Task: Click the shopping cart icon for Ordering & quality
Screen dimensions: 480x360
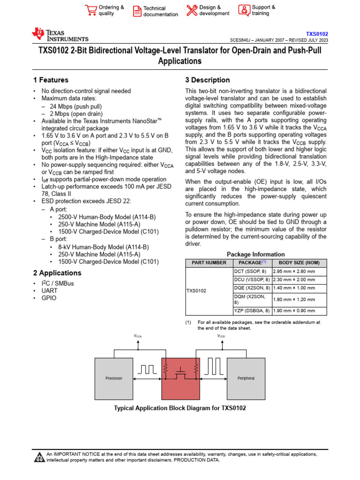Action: pos(90,10)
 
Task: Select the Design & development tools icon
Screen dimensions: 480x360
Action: pos(192,10)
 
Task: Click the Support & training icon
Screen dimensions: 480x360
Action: pos(244,10)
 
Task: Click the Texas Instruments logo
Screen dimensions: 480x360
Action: pos(60,35)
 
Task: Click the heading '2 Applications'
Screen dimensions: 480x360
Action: pos(57,273)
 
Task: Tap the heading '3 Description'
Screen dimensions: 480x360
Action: pos(208,80)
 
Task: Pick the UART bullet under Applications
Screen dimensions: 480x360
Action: pos(49,291)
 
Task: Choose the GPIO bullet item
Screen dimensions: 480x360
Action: pos(49,298)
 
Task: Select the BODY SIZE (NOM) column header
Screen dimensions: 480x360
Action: pos(299,262)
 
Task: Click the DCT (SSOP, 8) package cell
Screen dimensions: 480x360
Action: pos(250,271)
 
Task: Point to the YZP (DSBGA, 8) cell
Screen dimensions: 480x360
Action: pos(252,310)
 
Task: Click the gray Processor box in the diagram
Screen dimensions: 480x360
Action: pos(114,378)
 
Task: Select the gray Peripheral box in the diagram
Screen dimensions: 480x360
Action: pos(246,378)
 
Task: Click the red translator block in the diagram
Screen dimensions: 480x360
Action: pos(180,378)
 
